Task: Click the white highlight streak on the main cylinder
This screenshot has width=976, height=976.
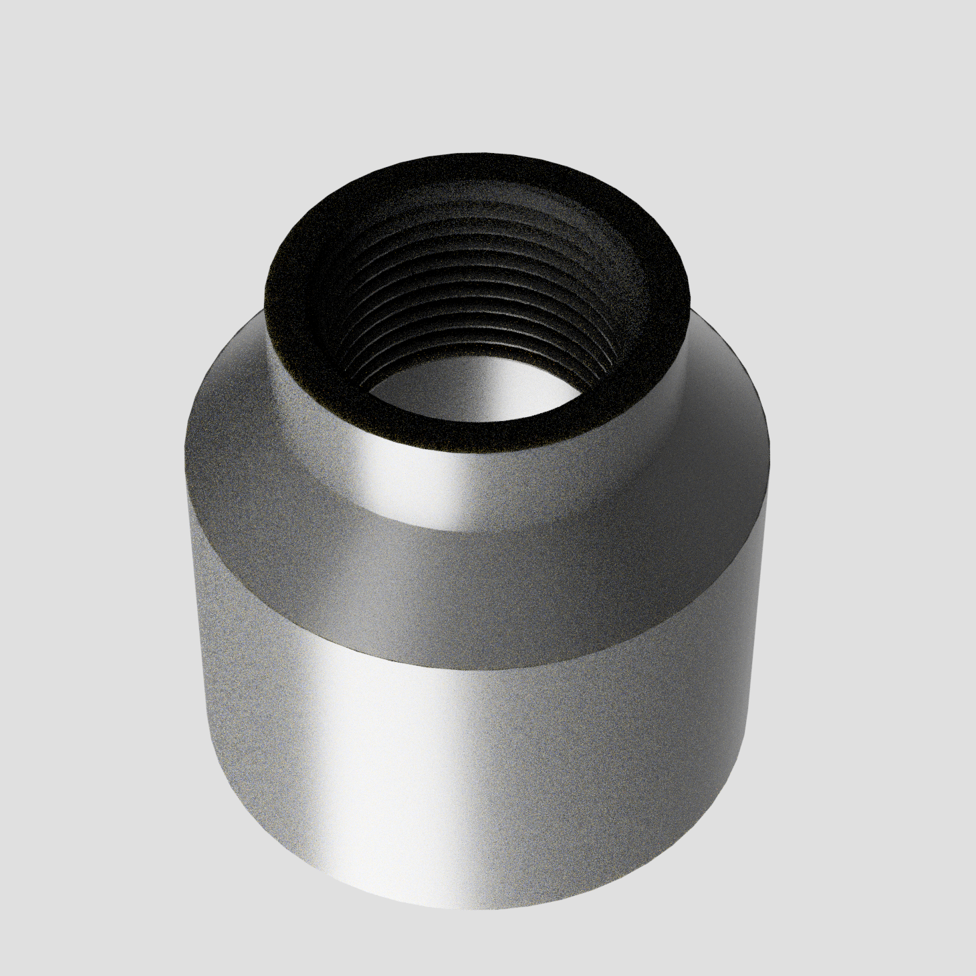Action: coord(428,769)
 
